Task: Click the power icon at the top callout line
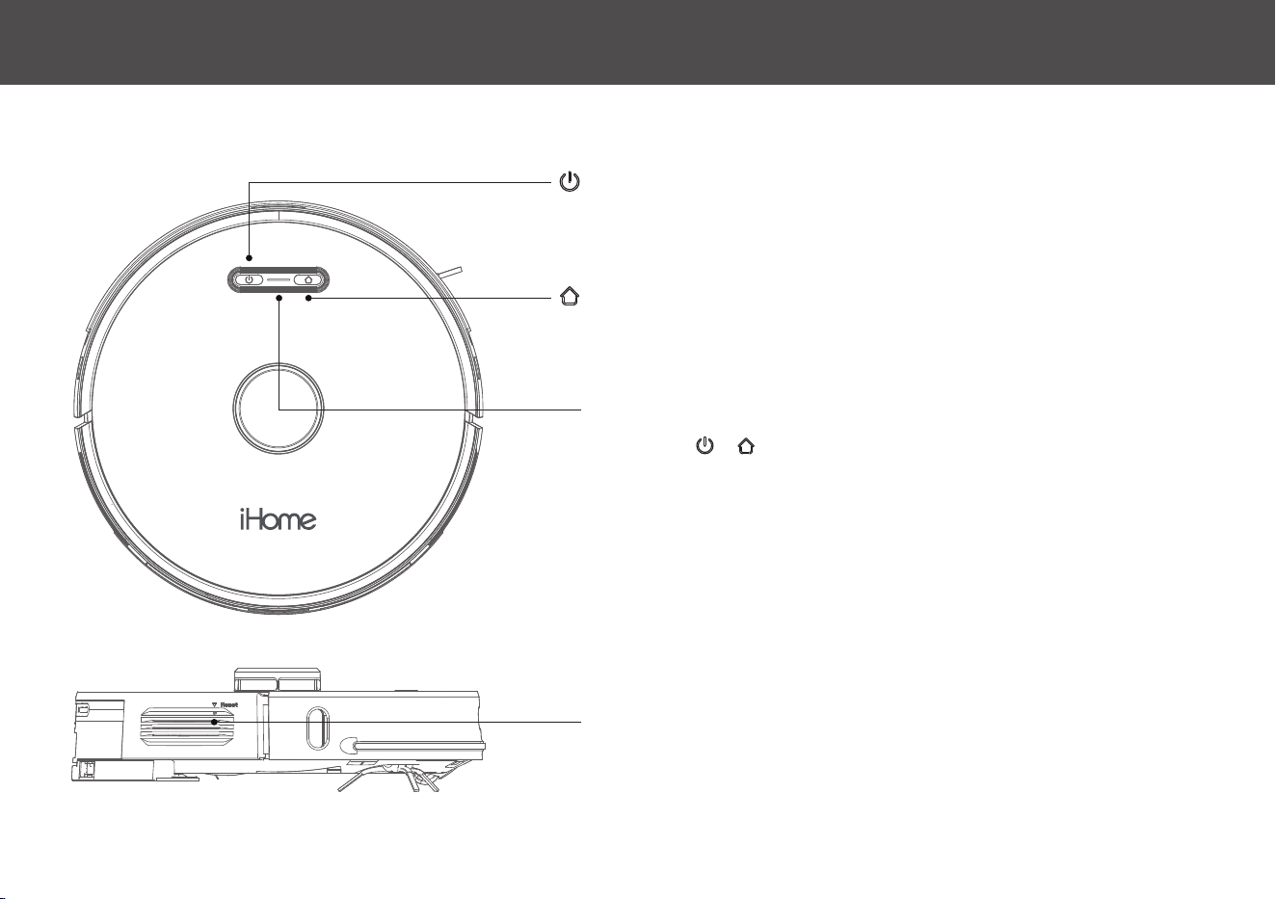[x=570, y=182]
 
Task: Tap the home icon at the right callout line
[x=570, y=296]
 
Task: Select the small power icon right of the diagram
[x=704, y=445]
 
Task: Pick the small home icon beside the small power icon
[x=746, y=445]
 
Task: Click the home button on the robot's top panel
[x=308, y=279]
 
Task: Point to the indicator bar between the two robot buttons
[x=279, y=280]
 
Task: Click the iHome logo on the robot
[x=278, y=519]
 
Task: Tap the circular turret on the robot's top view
[x=279, y=409]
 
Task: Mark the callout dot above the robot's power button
[x=249, y=258]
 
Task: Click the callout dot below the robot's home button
[x=308, y=298]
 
